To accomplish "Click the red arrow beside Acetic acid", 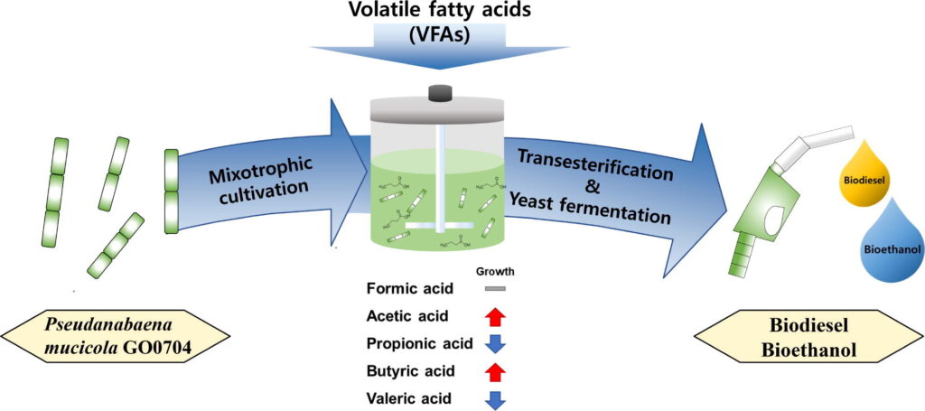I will point(495,316).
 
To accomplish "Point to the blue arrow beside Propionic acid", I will point(495,343).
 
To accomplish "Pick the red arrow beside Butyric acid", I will point(495,370).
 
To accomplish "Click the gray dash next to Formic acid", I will point(495,289).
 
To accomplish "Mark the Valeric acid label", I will point(408,397).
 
